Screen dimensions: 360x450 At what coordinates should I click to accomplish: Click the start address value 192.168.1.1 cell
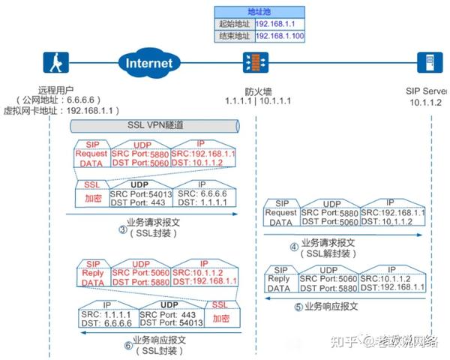280,23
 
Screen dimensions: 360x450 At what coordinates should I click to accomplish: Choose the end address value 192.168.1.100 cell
280,35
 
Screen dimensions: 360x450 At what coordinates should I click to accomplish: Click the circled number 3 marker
122,229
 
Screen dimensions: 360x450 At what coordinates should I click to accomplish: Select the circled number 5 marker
298,306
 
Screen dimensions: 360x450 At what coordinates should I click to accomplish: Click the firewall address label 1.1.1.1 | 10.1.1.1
258,100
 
